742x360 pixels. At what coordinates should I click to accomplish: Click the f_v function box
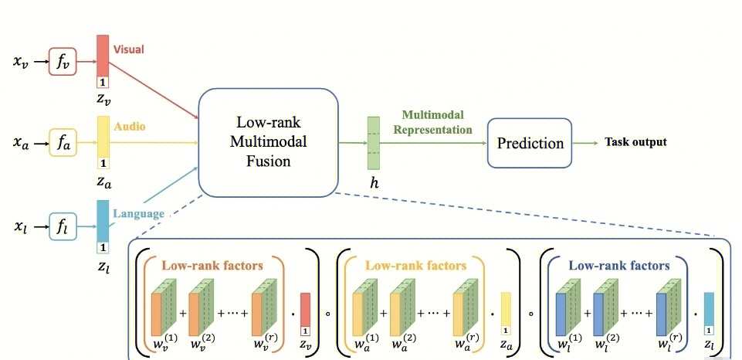click(x=63, y=61)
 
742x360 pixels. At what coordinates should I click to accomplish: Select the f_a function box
click(x=63, y=143)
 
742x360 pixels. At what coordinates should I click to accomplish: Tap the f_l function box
click(x=63, y=226)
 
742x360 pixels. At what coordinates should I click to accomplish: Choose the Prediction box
click(x=530, y=143)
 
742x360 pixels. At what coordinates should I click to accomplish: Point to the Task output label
click(x=635, y=142)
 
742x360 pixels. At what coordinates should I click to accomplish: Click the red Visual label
click(x=129, y=49)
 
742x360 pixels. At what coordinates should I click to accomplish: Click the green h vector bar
click(x=374, y=143)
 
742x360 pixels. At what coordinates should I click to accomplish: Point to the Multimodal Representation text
click(x=432, y=122)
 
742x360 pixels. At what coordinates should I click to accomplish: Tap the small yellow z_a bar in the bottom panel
click(x=506, y=313)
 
